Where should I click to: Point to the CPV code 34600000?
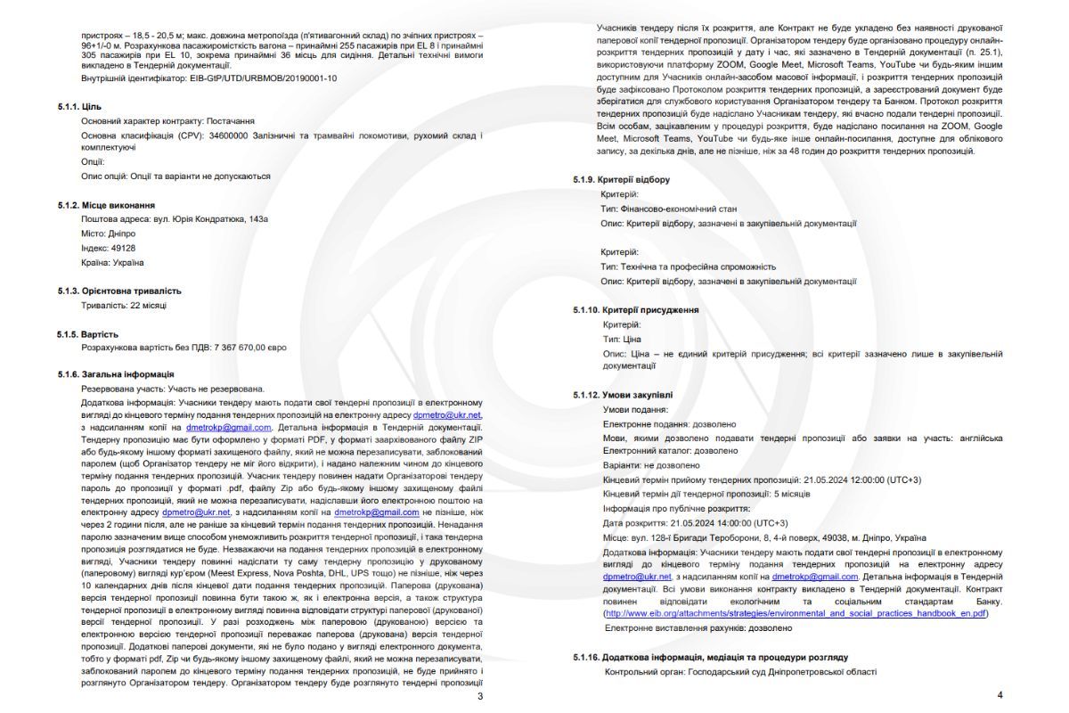(230, 135)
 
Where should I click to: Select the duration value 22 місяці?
(145, 305)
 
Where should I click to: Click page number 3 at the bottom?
(480, 696)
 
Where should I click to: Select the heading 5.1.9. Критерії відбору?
(622, 180)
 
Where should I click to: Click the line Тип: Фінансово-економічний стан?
(664, 209)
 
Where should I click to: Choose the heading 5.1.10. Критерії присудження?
(635, 310)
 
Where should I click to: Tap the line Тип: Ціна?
(622, 339)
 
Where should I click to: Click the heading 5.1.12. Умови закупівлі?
(623, 395)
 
